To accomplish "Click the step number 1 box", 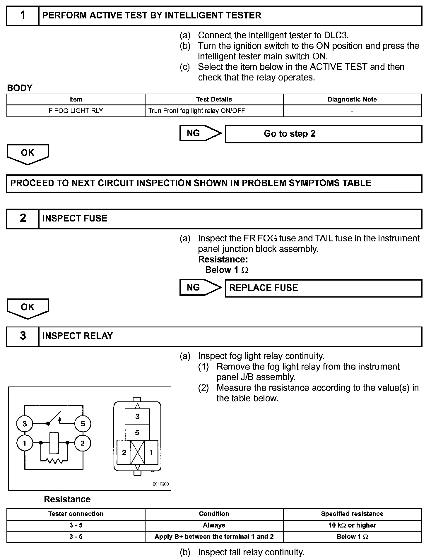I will pos(23,16).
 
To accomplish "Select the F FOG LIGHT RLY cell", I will pos(76,111).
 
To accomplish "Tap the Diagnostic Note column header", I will pos(352,99).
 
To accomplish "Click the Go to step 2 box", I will pos(323,134).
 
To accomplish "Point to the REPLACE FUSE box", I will pos(323,288).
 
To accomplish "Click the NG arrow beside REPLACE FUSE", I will pos(200,288).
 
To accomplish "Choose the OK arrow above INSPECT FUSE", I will pos(28,154).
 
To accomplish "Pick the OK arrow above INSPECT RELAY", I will pos(28,308).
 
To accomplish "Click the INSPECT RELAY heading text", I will pos(78,336).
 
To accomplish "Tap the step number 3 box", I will pos(23,336).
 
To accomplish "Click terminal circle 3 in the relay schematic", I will pos(25,424).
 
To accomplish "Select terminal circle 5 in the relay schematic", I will pos(83,424).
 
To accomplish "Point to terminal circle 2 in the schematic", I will pos(83,443).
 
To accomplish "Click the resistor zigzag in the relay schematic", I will pos(54,461).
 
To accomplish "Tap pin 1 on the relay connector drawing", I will pos(151,453).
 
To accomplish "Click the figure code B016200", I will pos(160,484).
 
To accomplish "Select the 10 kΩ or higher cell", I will pos(352,525).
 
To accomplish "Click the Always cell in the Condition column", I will pos(214,525).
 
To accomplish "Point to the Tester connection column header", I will pos(76,514).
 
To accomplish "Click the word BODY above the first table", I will pos(20,88).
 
